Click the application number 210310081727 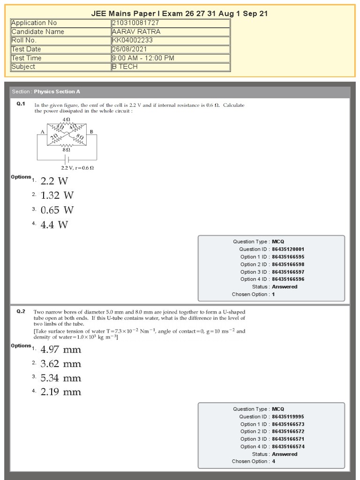(x=135, y=23)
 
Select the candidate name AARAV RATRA (x=136, y=32)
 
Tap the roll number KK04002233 (x=132, y=40)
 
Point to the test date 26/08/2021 (x=129, y=49)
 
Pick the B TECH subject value (x=125, y=67)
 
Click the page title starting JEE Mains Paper (x=180, y=14)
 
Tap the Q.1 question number (x=21, y=104)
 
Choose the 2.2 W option (x=54, y=181)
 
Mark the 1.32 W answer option (x=57, y=195)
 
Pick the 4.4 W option (x=54, y=225)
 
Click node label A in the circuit (x=42, y=132)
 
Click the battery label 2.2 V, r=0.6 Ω (x=77, y=167)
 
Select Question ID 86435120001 (x=288, y=249)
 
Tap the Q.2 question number (x=21, y=311)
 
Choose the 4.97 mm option (x=61, y=350)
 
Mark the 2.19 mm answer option (x=61, y=392)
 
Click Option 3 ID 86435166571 (x=288, y=439)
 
